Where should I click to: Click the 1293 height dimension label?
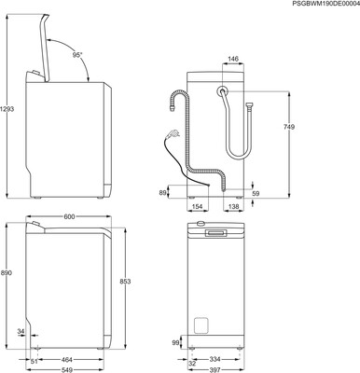pos(7,109)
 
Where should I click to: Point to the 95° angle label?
pos(77,55)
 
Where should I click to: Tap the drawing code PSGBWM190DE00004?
pos(325,3)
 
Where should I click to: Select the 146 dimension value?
pos(233,59)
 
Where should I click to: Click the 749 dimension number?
pos(289,127)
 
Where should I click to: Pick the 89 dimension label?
pos(162,193)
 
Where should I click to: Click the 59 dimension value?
pos(256,194)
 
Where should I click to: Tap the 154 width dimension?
pos(197,206)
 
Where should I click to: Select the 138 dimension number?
pos(233,206)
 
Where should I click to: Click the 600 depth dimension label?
pos(69,216)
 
